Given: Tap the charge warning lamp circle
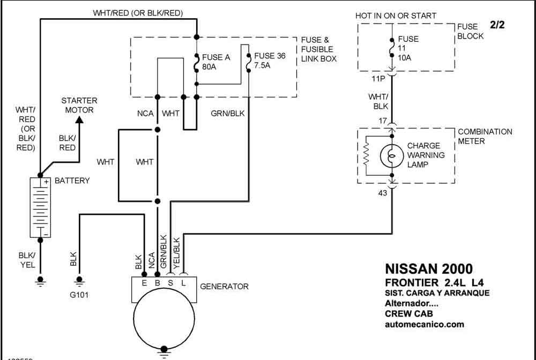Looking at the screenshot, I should tap(392, 156).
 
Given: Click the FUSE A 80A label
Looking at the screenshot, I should tap(216, 62).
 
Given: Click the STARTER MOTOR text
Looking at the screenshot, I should tap(79, 105).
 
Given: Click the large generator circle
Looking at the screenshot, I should tap(164, 321).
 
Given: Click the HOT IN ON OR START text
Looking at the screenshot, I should tap(396, 16).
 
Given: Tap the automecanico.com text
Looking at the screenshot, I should tap(425, 324).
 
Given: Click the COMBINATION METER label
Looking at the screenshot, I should tap(485, 136).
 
